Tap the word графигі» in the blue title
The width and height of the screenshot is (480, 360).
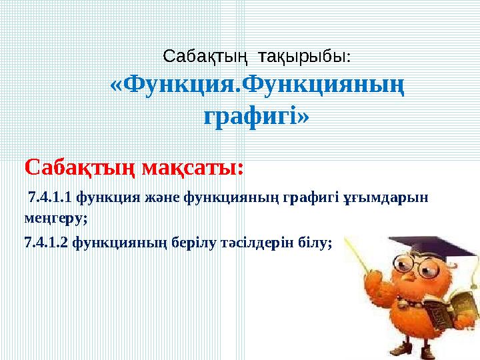[256, 117]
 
